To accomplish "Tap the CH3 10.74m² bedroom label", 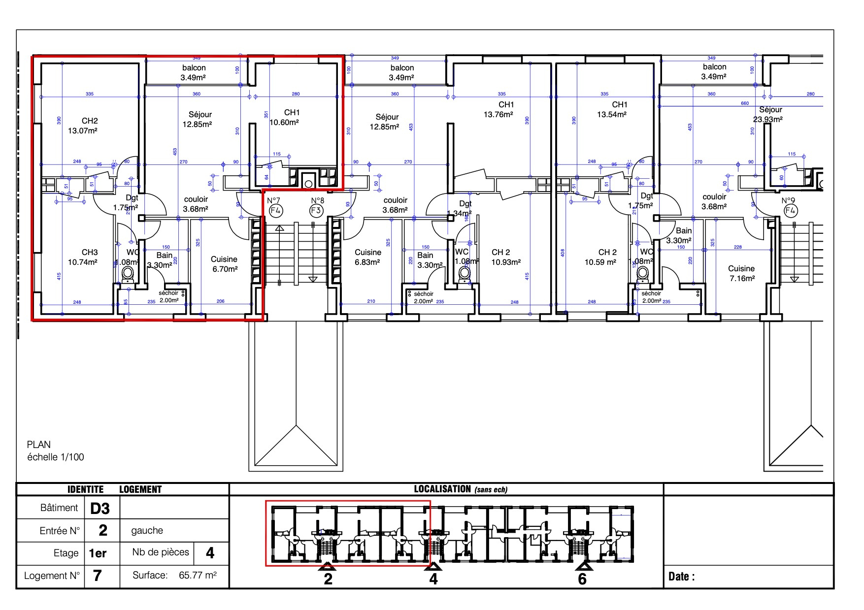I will (83, 257).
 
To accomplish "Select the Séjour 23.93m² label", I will (768, 114).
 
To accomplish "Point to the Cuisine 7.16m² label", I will (742, 274).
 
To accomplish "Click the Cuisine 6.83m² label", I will (368, 257).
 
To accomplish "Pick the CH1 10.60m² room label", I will (285, 118).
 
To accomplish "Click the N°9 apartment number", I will (788, 200).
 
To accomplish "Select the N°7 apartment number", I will (273, 200).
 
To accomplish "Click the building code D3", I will (100, 508).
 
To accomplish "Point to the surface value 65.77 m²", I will (198, 575).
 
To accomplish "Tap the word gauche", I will (147, 531).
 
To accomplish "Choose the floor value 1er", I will (98, 553).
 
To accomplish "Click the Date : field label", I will (681, 577).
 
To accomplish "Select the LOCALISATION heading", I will (442, 489).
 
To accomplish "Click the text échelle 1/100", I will (56, 457).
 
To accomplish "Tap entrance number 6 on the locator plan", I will (582, 579).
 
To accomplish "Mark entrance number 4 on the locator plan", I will (433, 579).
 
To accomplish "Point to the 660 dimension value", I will (745, 103).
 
